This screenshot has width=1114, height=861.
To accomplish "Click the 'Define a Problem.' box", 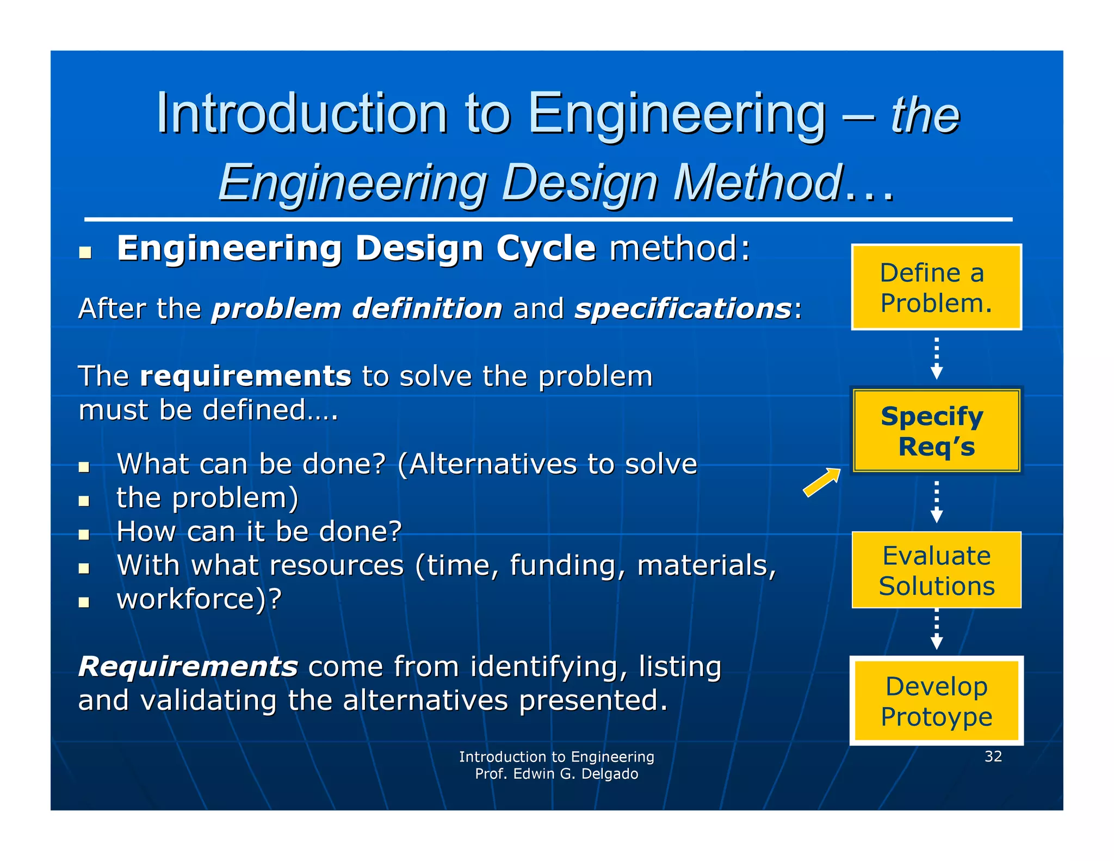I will pyautogui.click(x=936, y=287).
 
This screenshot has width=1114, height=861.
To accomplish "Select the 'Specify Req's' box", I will pyautogui.click(x=936, y=430).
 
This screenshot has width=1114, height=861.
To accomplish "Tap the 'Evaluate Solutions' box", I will pyautogui.click(x=936, y=570).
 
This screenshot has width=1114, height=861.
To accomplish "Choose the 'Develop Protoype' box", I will pyautogui.click(x=936, y=700).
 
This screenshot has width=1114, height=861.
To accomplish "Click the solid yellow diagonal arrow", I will pyautogui.click(x=822, y=482).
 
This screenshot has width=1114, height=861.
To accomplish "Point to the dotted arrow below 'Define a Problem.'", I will pyautogui.click(x=936, y=359).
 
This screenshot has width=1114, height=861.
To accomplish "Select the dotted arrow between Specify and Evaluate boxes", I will pyautogui.click(x=936, y=502).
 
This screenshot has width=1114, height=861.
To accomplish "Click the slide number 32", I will pyautogui.click(x=993, y=756).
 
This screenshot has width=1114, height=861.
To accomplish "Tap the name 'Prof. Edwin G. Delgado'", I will pyautogui.click(x=556, y=774).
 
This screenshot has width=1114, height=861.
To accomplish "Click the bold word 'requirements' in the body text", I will pyautogui.click(x=245, y=376).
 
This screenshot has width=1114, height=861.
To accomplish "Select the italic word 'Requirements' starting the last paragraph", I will pyautogui.click(x=188, y=666).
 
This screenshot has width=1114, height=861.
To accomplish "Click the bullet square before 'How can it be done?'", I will pyautogui.click(x=84, y=534).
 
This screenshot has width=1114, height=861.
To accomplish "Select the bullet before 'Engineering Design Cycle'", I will pyautogui.click(x=85, y=253).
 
